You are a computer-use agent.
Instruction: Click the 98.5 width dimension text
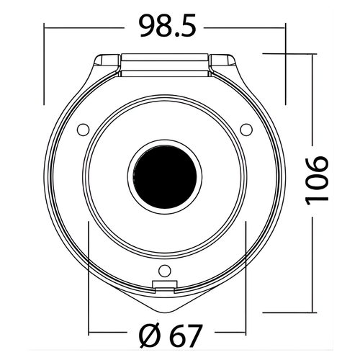(168, 26)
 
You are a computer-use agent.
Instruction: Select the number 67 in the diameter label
(185, 336)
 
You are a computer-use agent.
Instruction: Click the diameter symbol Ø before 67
(150, 336)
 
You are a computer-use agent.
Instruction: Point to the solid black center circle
(165, 176)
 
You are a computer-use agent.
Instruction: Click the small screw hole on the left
(83, 130)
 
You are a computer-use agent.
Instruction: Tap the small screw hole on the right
(246, 130)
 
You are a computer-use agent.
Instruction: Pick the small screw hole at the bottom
(165, 271)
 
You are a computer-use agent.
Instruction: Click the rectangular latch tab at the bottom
(165, 285)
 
